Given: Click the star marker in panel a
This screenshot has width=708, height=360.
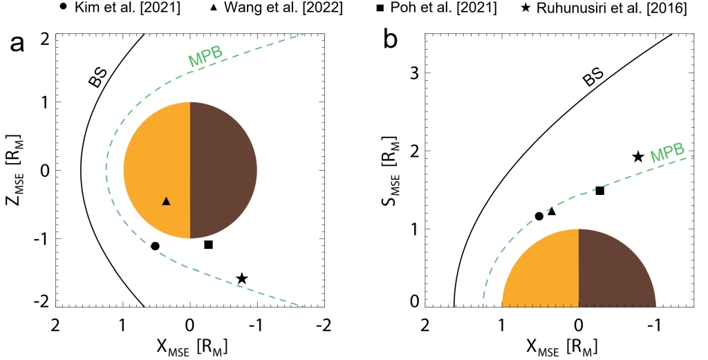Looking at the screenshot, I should [x=242, y=278].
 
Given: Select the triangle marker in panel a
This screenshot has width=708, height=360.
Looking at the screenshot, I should [x=166, y=201].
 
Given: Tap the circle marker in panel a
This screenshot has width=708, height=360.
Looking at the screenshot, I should [x=155, y=246].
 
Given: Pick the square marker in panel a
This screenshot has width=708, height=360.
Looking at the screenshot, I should [x=209, y=245].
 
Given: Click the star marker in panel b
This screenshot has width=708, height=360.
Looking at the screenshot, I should [x=638, y=157].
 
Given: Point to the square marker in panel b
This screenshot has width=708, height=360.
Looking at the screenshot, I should [x=600, y=191].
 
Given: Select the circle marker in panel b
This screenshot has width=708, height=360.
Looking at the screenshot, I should [x=539, y=216].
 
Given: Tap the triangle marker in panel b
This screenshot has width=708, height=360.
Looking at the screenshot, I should [x=552, y=211].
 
